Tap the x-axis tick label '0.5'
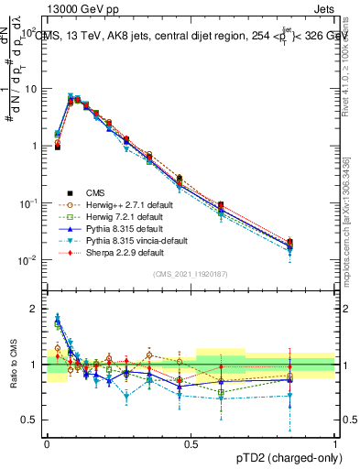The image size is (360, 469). (x=191, y=442)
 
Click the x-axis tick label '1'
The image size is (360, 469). (x=335, y=442)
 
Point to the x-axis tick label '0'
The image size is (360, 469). (x=47, y=442)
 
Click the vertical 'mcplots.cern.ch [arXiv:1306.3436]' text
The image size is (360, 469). (x=352, y=220)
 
